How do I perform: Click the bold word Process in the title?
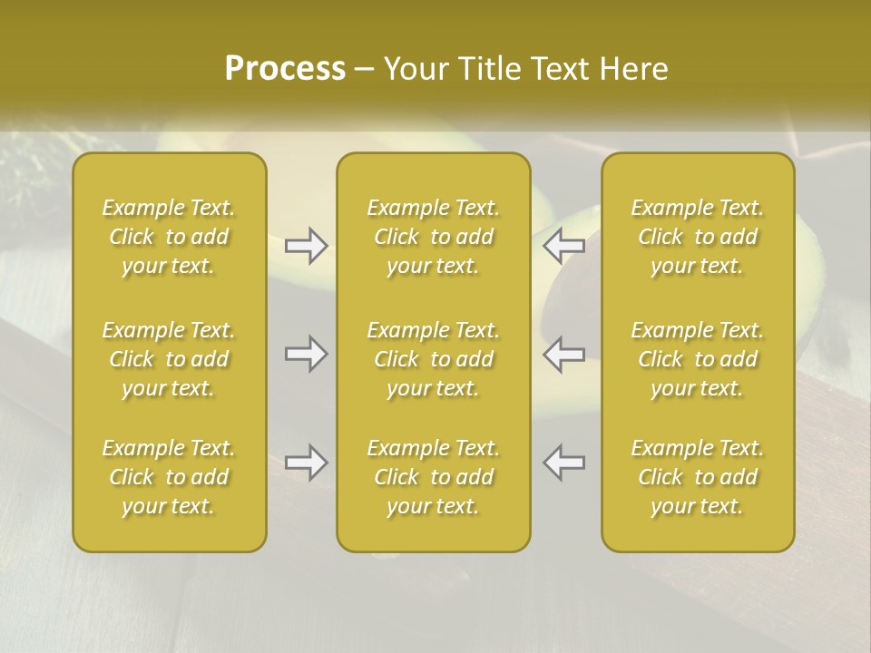[285, 69]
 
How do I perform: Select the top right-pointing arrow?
[306, 246]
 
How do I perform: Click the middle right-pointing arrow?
[306, 354]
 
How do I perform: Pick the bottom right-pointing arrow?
[306, 463]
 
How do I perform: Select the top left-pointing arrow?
[563, 246]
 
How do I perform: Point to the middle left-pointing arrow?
[563, 354]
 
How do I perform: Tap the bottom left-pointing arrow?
[563, 463]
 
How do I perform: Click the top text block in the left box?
[169, 237]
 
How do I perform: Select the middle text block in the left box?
[169, 359]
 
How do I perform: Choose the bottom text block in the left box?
[169, 477]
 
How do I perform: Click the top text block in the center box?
[433, 237]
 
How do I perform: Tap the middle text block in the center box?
[433, 359]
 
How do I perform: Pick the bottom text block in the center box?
[433, 477]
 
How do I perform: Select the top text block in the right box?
[697, 237]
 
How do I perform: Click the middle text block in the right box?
[697, 359]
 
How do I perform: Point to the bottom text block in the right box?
[697, 477]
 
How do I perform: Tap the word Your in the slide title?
[415, 69]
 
